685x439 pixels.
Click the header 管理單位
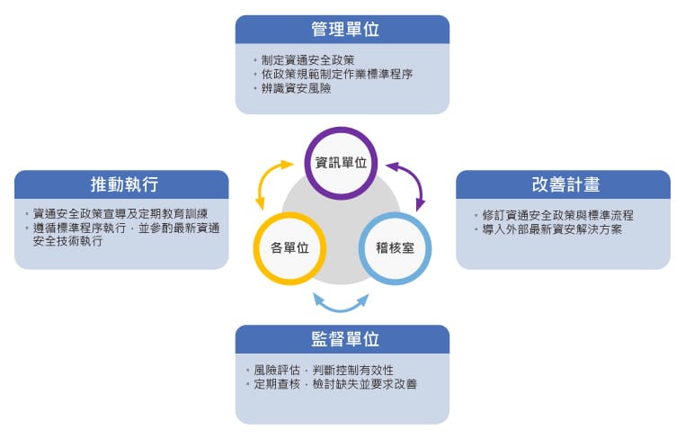click(344, 30)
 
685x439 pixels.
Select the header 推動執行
click(125, 184)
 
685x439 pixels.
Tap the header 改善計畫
click(565, 184)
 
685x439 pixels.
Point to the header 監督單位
click(344, 339)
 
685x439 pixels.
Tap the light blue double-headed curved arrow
click(342, 309)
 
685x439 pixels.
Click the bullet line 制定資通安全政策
click(307, 60)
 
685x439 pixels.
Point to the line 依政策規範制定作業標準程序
click(337, 74)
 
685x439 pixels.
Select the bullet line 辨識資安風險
click(296, 88)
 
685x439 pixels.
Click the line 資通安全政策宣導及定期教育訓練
click(120, 213)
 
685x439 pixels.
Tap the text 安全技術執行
click(67, 240)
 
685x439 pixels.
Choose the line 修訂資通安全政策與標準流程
click(558, 215)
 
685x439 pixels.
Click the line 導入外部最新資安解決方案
click(552, 229)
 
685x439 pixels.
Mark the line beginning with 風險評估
click(324, 370)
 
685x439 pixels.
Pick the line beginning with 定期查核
click(335, 384)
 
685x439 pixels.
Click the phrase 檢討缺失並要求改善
click(365, 384)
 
